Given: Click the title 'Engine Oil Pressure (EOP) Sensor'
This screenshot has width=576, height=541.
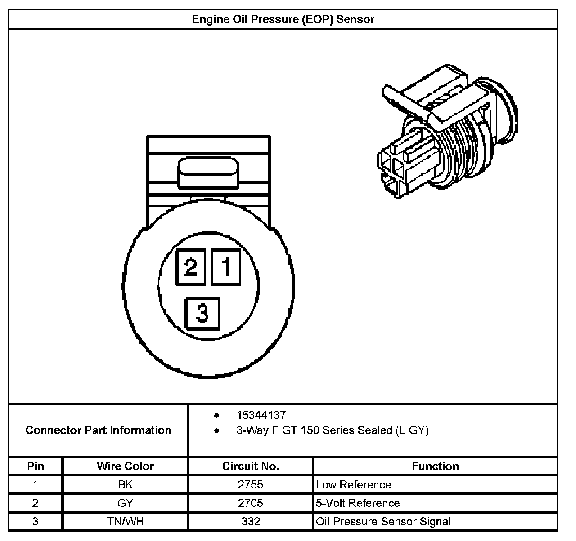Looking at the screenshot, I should click(x=283, y=19).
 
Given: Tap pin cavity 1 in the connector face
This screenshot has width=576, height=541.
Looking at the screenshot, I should click(x=226, y=267).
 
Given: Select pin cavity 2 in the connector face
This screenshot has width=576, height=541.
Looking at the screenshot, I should click(x=191, y=267).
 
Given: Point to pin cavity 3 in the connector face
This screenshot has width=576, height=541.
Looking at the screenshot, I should click(x=202, y=313).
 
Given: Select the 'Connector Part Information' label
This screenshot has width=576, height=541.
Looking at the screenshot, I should click(x=98, y=430).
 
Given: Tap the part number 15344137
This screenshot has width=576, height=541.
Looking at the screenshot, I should click(x=261, y=415).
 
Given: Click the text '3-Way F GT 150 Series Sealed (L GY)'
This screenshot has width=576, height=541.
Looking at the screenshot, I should click(x=332, y=430).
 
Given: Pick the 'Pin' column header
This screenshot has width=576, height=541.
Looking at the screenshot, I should click(x=36, y=466).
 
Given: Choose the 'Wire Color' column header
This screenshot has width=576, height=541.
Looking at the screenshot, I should click(x=125, y=466).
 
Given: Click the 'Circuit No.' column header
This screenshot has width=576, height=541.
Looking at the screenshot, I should click(x=251, y=466).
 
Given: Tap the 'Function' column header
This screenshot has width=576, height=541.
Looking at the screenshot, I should click(x=435, y=466).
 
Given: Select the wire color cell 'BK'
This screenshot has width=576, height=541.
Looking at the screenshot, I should click(x=125, y=484).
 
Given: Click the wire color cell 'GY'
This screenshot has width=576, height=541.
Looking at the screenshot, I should click(x=125, y=503).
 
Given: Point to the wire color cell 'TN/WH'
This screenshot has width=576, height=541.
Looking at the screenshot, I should click(x=125, y=521).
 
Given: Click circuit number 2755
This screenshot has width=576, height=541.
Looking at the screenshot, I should click(x=251, y=484).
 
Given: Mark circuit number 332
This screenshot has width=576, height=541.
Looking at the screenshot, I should click(x=251, y=521).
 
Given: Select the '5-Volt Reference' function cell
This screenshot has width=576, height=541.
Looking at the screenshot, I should click(x=358, y=503).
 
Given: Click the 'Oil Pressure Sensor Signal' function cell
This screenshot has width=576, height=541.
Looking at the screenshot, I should click(x=383, y=521).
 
